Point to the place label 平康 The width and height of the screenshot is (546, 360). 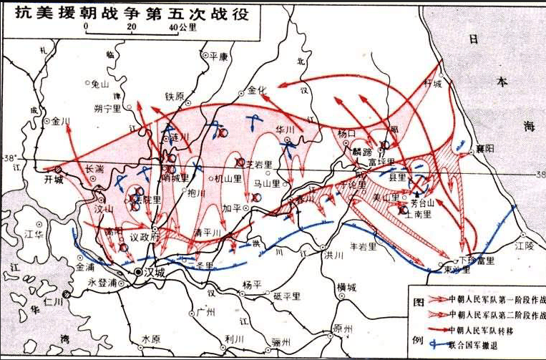pyautogui.click(x=218, y=55)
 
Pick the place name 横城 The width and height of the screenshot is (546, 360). pyautogui.click(x=346, y=288)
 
